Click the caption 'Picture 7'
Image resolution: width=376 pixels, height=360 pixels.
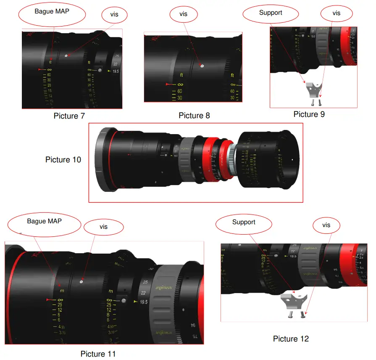pos(72,116)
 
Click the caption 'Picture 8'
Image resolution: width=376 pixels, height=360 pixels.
pos(194,115)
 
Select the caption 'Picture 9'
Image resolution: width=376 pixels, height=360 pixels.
pos(309,114)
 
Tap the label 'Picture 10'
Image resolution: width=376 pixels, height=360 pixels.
pos(63,160)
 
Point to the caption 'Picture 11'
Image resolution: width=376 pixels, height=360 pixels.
pos(98,354)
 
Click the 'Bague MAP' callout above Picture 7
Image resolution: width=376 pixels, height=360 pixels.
pos(52,12)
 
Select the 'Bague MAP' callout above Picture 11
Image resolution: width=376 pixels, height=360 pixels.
pos(44,222)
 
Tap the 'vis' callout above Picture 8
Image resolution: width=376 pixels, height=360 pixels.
pos(183,14)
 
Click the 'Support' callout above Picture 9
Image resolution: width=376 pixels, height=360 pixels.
pos(271,13)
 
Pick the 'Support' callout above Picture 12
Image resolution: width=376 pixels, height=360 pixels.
pos(244,222)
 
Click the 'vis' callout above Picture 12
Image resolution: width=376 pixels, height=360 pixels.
pos(326,225)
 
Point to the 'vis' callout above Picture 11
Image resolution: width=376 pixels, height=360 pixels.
pos(103,227)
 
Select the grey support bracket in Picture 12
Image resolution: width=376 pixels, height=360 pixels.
pos(294,302)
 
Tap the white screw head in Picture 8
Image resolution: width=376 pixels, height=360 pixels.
pos(202,66)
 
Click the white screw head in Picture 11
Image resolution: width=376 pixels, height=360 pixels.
pos(81,282)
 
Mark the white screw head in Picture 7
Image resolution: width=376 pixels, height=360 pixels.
pos(66,56)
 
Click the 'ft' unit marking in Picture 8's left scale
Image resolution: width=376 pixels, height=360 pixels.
pos(181,75)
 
